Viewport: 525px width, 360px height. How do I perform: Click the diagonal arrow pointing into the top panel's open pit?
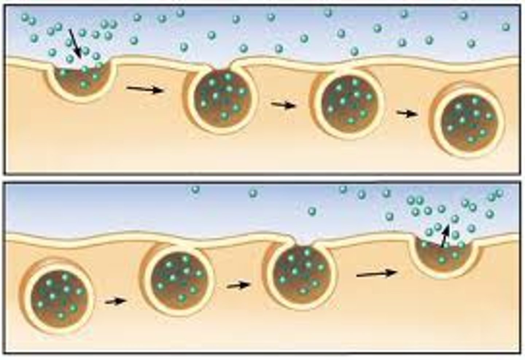[x=75, y=43]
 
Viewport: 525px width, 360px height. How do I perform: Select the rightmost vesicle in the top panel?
[x=469, y=120]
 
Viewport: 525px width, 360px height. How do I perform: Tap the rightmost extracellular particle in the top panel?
[x=505, y=27]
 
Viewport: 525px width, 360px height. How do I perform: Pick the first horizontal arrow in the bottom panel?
[x=115, y=301]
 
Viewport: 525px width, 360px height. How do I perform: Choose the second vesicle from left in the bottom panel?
[x=179, y=278]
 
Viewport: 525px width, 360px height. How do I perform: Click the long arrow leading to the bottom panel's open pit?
[x=376, y=273]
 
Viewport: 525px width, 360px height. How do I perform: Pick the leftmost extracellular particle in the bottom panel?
[x=196, y=189]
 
